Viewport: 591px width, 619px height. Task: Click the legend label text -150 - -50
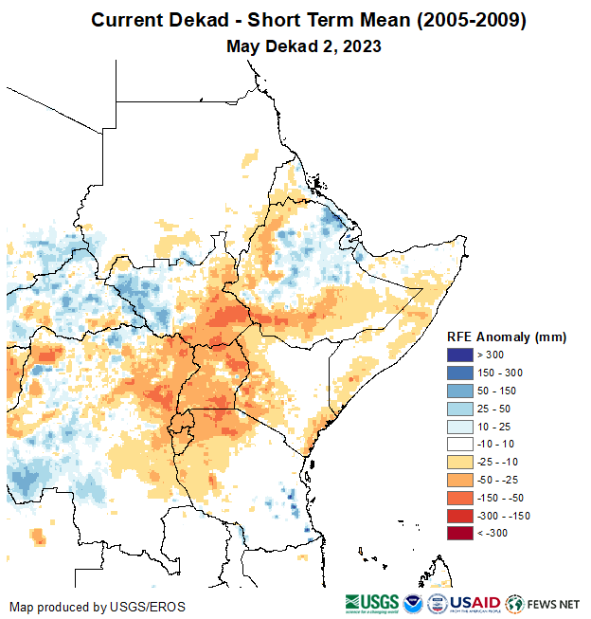pyautogui.click(x=501, y=498)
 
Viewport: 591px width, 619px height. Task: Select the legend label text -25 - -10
pyautogui.click(x=498, y=462)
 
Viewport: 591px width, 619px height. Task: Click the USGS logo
pyautogui.click(x=372, y=603)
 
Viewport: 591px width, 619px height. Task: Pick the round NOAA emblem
pyautogui.click(x=414, y=603)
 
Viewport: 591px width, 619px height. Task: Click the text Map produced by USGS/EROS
pyautogui.click(x=98, y=607)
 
